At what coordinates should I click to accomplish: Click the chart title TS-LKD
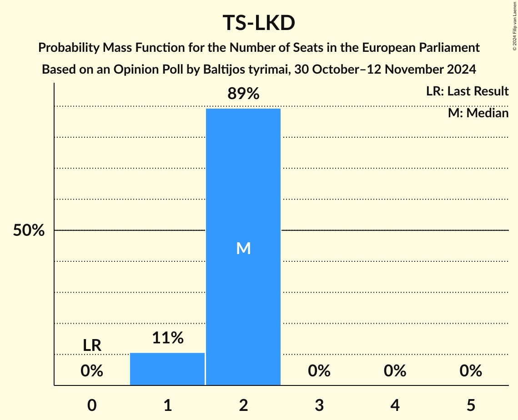click(259, 24)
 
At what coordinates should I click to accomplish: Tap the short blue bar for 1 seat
click(167, 369)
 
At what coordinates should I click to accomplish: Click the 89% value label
click(243, 94)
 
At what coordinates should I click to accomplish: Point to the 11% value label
click(167, 338)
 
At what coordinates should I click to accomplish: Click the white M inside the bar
click(243, 248)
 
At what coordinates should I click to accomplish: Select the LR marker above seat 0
click(92, 345)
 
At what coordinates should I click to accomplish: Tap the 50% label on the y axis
click(29, 230)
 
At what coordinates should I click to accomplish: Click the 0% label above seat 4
click(395, 371)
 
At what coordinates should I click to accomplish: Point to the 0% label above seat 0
click(92, 371)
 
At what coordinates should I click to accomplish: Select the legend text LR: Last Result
click(467, 91)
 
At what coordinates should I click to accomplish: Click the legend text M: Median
click(478, 113)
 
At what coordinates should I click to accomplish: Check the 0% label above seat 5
click(471, 371)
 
